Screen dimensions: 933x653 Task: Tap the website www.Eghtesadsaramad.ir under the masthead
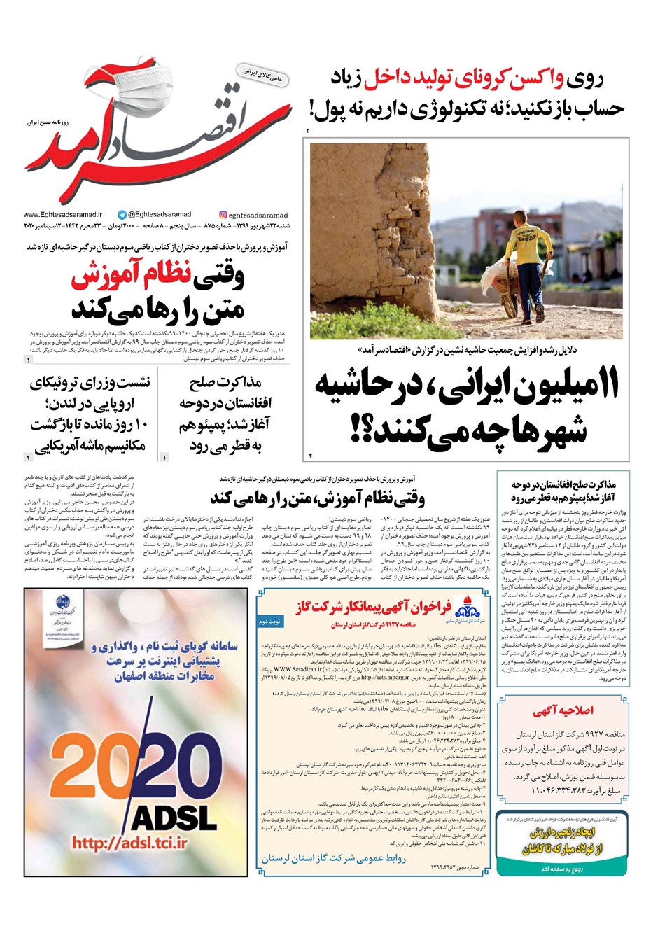click(62, 215)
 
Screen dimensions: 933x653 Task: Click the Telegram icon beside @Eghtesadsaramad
click(122, 215)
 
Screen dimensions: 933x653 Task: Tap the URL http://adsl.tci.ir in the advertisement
click(129, 843)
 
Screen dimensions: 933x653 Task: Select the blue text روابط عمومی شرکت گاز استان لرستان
click(333, 857)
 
